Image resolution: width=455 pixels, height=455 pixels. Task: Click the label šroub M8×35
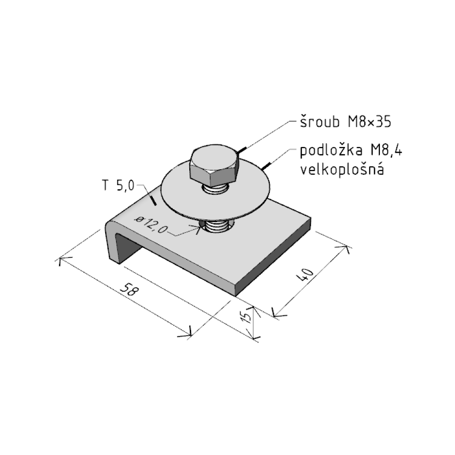pos(346,122)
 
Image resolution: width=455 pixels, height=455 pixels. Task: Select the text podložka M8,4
pos(351,151)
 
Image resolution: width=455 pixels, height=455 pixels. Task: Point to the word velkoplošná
pos(342,169)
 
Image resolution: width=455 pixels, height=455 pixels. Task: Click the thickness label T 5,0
pos(118,186)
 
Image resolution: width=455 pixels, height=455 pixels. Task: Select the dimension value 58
pos(129,290)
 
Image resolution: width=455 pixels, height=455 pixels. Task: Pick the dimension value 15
pos(246,317)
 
